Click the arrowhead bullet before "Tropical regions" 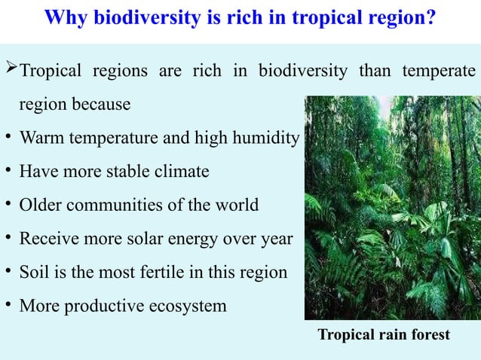pyautogui.click(x=9, y=72)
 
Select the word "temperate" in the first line pyautogui.click(x=438, y=72)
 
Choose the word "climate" pyautogui.click(x=182, y=172)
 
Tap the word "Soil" pyautogui.click(x=34, y=272)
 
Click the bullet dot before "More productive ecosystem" pyautogui.click(x=7, y=304)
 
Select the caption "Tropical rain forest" pyautogui.click(x=384, y=334)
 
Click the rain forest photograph pyautogui.click(x=390, y=207)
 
